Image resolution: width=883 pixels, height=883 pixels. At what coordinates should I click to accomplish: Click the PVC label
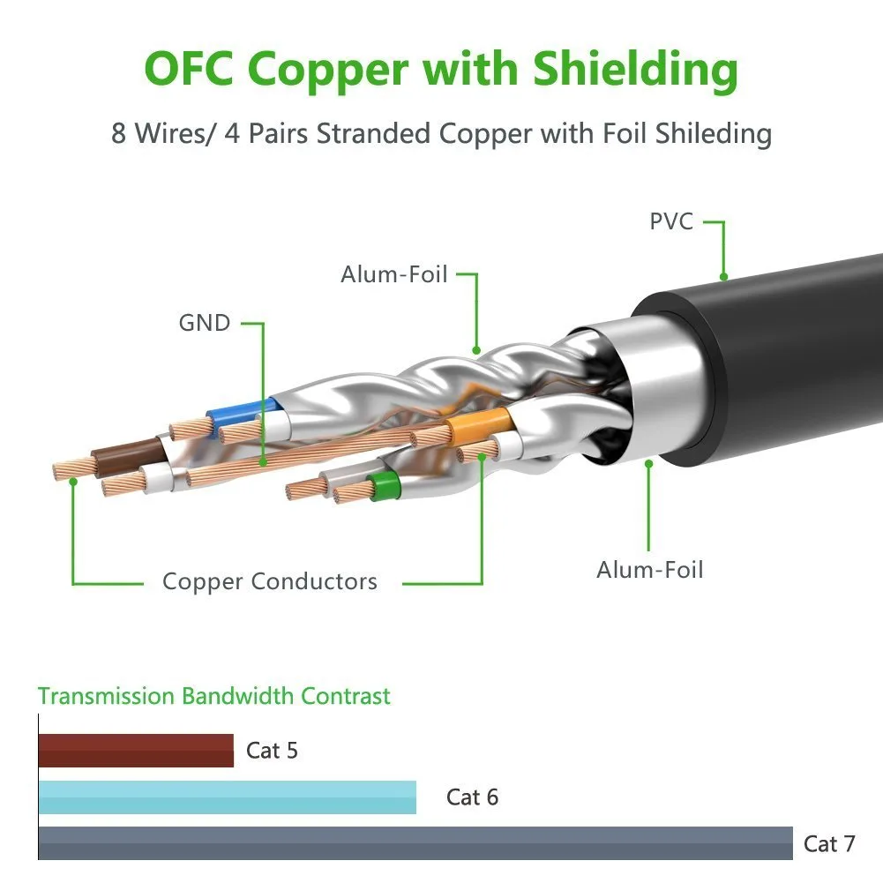click(x=670, y=221)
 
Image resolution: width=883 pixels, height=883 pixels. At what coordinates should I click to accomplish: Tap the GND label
click(x=205, y=323)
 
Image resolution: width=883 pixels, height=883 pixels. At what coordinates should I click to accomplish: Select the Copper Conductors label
click(x=270, y=581)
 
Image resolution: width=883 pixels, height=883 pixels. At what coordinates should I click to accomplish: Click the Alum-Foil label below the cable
click(x=650, y=569)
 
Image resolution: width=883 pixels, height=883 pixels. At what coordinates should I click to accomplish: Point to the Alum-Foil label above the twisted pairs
click(x=394, y=274)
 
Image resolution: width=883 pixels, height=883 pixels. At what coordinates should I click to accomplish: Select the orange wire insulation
click(x=480, y=424)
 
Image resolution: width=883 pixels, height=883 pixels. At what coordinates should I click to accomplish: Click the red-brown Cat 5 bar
click(x=136, y=750)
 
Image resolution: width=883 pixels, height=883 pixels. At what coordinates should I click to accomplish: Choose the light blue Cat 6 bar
click(x=228, y=797)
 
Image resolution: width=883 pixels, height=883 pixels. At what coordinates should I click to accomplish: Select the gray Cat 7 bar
click(x=415, y=843)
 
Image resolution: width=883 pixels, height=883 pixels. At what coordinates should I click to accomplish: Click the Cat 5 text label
click(x=272, y=750)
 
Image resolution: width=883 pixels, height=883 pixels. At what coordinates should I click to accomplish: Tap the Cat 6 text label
click(x=472, y=797)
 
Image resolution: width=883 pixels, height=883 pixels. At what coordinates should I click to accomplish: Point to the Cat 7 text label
click(x=829, y=843)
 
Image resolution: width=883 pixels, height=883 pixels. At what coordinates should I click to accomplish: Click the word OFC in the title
click(x=189, y=68)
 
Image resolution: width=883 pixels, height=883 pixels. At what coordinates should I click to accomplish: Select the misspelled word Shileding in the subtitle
click(x=714, y=134)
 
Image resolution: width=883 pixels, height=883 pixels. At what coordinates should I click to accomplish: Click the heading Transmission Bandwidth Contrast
click(x=214, y=696)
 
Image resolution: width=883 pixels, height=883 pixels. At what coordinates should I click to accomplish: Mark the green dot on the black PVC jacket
click(x=723, y=276)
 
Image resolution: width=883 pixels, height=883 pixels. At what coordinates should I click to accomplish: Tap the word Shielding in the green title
click(x=635, y=71)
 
